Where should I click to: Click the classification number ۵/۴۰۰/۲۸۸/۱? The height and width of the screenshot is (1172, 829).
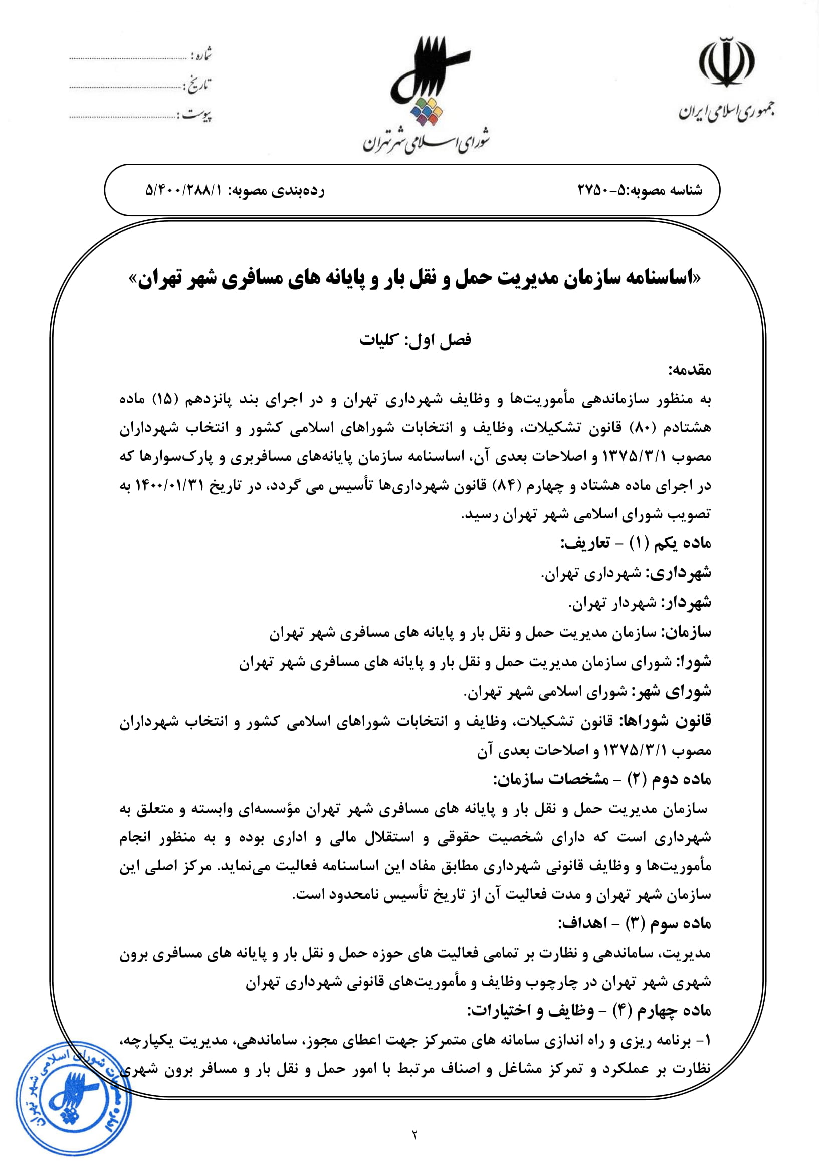coord(184,191)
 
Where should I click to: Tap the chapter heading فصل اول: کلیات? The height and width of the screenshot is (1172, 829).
coord(415,339)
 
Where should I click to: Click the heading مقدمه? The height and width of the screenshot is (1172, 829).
coord(690,370)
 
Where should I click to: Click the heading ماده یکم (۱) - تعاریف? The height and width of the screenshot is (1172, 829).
coord(636,543)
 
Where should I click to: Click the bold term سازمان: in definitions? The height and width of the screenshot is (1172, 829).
coord(686,633)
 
